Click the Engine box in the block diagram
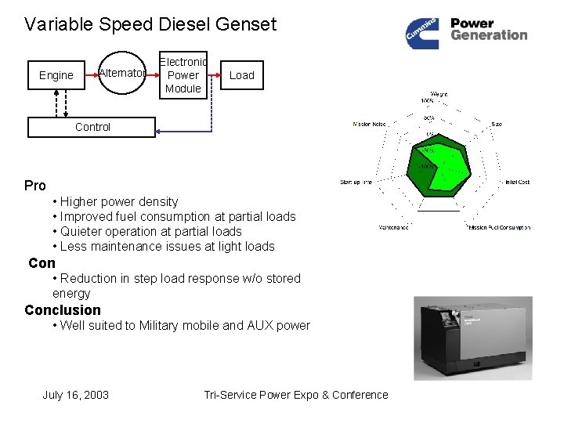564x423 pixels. [x=56, y=75]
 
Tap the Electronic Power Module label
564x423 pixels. [x=183, y=75]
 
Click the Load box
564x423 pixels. [x=241, y=75]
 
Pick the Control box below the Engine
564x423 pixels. [x=92, y=127]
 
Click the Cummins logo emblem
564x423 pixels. [x=423, y=33]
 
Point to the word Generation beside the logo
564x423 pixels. [x=489, y=35]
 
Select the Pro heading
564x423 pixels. [x=35, y=186]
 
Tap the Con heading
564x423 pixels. [x=42, y=263]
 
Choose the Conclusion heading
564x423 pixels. [x=63, y=310]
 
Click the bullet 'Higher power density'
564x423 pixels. [x=119, y=201]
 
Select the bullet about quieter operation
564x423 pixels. [x=150, y=231]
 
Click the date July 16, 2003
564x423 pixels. [x=75, y=395]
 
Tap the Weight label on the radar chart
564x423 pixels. [x=439, y=94]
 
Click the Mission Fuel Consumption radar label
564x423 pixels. [x=499, y=228]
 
